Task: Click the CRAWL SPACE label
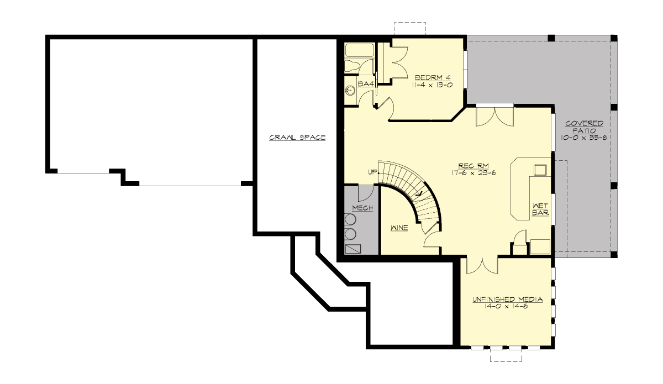point(297,137)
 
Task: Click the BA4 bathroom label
point(366,83)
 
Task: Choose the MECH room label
point(362,208)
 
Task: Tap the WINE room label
point(399,228)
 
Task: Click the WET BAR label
point(540,209)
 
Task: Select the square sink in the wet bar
point(540,170)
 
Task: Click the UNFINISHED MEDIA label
point(507,299)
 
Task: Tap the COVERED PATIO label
point(583,127)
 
